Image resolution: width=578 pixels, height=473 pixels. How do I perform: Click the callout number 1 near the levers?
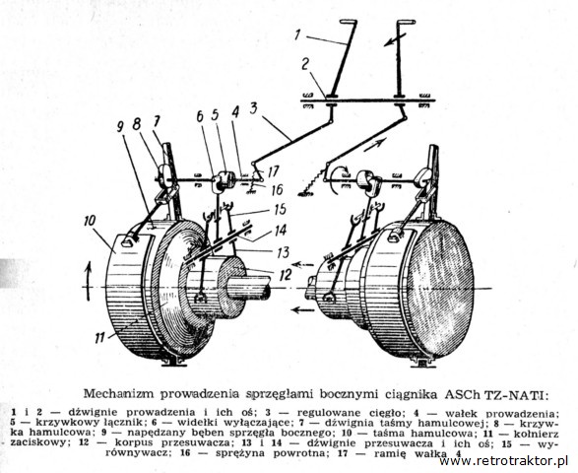[297, 35]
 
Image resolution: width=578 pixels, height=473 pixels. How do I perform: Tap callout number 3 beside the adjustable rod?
[253, 109]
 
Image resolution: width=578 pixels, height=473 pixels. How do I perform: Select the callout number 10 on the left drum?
[90, 221]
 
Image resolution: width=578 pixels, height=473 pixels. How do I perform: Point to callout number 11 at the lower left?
[99, 337]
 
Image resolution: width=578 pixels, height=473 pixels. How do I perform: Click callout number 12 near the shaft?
[286, 275]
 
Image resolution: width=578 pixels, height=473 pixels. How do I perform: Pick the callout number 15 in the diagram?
[281, 209]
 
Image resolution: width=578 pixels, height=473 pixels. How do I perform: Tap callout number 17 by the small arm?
[273, 171]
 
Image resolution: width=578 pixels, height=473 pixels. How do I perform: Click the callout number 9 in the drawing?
[120, 128]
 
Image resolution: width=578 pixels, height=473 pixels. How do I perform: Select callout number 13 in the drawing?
[284, 252]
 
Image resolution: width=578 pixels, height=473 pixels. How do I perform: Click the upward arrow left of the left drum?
[88, 281]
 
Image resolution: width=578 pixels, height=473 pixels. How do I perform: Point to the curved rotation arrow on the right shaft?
[340, 179]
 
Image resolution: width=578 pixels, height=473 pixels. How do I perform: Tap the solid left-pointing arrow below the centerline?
[303, 310]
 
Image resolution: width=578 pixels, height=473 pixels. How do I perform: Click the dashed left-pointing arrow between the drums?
[302, 264]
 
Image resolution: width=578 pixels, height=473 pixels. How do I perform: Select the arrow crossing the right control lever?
[395, 39]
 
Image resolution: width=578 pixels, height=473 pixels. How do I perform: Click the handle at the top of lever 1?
[348, 22]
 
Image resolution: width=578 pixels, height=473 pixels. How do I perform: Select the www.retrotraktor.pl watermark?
[504, 461]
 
